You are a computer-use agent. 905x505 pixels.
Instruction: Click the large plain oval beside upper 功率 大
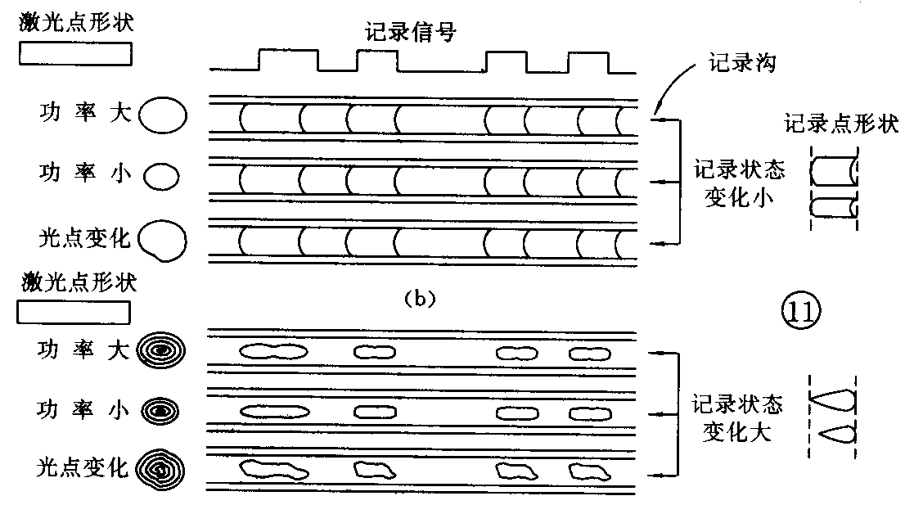coord(163,115)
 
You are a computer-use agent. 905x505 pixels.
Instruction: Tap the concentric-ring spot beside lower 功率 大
coord(162,351)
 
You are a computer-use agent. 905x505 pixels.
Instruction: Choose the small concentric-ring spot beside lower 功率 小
coord(161,409)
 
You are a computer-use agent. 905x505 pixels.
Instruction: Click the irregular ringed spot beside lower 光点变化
coord(161,468)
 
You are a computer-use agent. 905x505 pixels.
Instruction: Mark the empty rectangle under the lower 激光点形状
coord(74,313)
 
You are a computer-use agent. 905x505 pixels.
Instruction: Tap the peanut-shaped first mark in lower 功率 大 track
coord(273,352)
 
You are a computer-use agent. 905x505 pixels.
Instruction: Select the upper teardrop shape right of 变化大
coord(833,400)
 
